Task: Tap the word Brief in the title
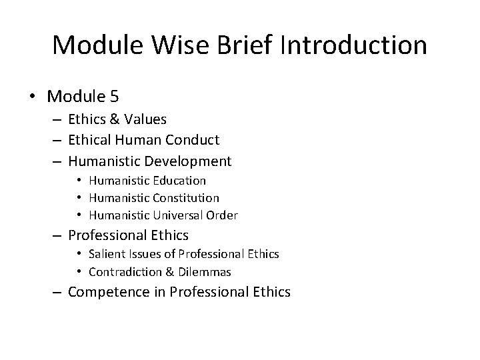[x=258, y=45]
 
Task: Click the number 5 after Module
[x=114, y=96]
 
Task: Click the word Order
[x=223, y=215]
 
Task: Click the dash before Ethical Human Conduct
[x=57, y=141]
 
